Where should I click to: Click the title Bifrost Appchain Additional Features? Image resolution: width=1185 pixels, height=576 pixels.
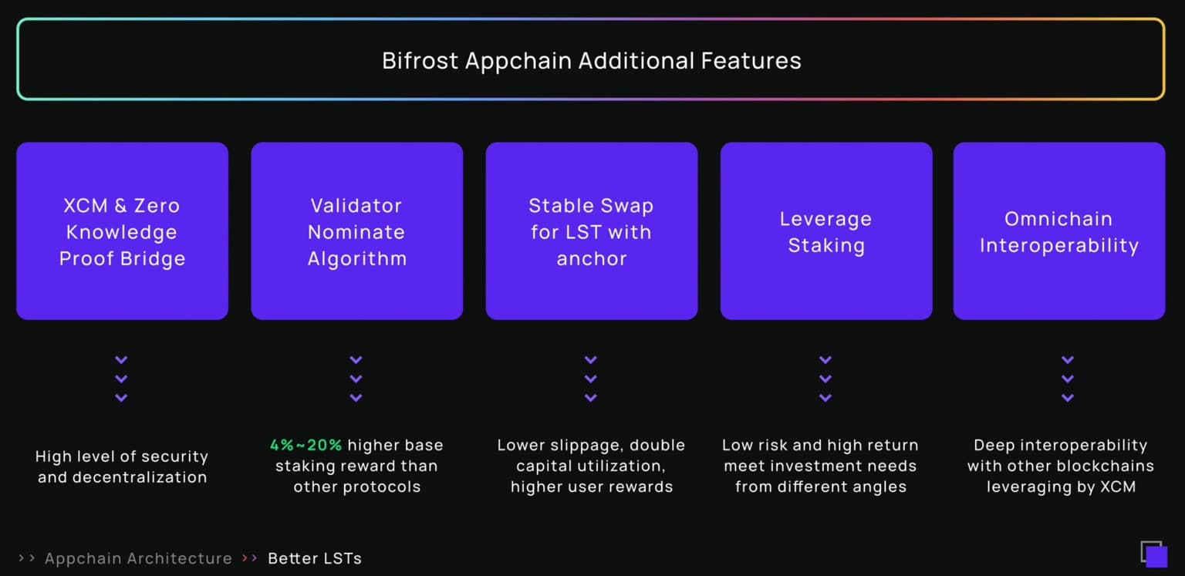(x=591, y=61)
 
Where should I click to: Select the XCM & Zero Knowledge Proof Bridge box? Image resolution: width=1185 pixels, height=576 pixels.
(x=122, y=231)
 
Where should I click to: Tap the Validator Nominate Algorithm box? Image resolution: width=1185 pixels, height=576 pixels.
(x=356, y=231)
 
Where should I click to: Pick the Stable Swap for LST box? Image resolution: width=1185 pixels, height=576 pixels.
(x=591, y=231)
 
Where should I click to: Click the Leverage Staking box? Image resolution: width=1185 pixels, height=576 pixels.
(x=825, y=231)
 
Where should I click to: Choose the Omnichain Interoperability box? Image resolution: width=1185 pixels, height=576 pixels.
(x=1058, y=231)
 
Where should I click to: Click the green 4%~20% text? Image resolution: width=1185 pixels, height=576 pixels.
(x=306, y=445)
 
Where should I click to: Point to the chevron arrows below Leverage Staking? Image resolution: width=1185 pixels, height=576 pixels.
(x=825, y=379)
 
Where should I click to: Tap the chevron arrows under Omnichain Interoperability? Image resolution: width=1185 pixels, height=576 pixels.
(x=1068, y=379)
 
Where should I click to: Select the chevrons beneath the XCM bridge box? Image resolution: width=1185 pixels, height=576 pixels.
(x=121, y=379)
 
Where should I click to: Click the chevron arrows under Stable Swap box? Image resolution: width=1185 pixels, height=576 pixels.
(x=590, y=379)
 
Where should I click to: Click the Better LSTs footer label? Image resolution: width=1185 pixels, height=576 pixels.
(x=315, y=558)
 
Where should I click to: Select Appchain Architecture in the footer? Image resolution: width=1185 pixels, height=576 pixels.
(x=138, y=558)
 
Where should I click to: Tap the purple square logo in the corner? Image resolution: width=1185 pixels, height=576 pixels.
(x=1154, y=554)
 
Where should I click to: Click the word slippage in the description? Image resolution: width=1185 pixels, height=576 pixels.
(x=586, y=445)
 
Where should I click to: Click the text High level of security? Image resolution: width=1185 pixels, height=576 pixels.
(x=122, y=456)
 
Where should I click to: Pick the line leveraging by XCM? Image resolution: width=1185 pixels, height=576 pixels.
(x=1061, y=487)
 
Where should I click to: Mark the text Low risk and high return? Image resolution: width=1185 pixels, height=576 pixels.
(x=820, y=445)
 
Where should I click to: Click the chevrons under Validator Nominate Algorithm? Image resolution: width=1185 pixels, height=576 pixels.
(x=356, y=379)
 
